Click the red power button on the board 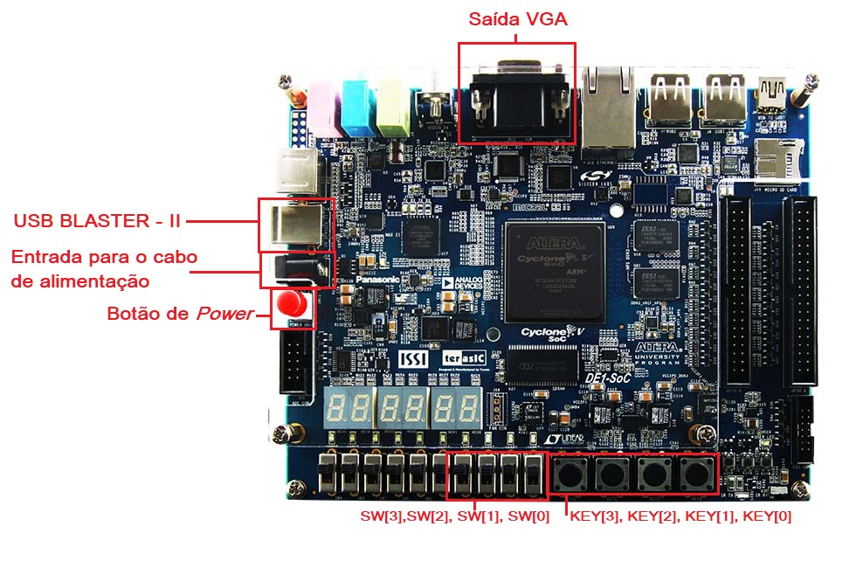click(x=292, y=305)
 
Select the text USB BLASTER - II click(x=97, y=221)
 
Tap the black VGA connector click(x=517, y=103)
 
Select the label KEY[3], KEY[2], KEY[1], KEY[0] click(x=680, y=516)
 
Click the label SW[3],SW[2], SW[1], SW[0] click(x=455, y=516)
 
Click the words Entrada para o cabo click(x=104, y=258)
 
